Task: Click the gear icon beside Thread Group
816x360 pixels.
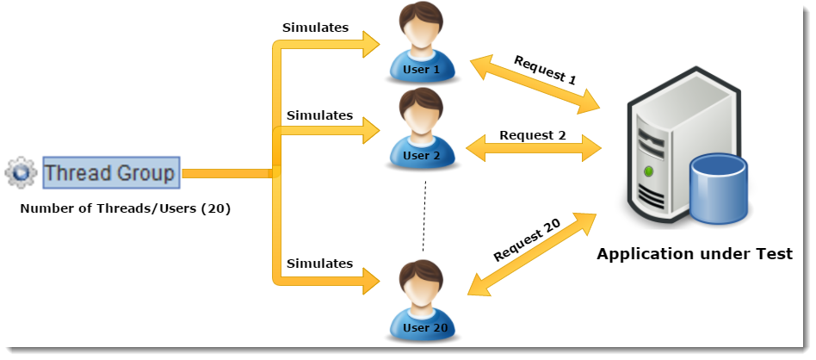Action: [21, 172]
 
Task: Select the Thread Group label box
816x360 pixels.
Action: [111, 172]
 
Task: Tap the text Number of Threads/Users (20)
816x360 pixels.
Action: [125, 209]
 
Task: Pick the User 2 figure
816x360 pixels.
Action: [422, 128]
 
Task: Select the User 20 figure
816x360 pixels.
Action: [422, 301]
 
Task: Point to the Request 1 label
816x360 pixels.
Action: [545, 70]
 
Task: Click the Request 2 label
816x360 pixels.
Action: [532, 135]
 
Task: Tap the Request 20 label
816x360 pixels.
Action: [527, 239]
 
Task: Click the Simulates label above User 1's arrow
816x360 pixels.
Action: [315, 28]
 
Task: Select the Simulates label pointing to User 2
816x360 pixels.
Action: [319, 115]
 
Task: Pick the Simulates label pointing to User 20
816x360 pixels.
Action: [319, 264]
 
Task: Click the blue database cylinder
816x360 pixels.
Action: [719, 190]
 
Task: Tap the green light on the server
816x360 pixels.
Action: [648, 171]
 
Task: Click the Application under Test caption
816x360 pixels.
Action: [695, 254]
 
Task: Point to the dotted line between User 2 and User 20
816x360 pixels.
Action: [424, 216]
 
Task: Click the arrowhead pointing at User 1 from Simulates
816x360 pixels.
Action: [372, 44]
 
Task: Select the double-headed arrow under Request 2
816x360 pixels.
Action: [534, 149]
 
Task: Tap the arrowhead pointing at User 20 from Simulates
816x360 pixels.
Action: [372, 281]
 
